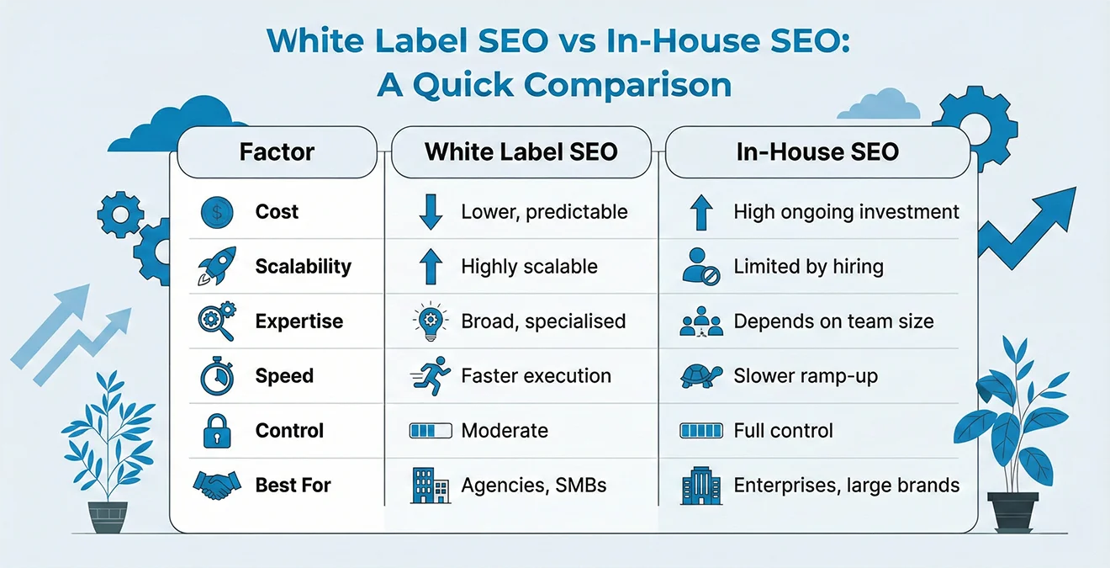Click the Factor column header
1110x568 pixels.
pyautogui.click(x=277, y=152)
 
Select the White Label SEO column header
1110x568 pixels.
pyautogui.click(x=521, y=152)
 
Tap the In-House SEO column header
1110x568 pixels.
pyautogui.click(x=817, y=152)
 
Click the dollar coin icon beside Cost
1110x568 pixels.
pyautogui.click(x=217, y=213)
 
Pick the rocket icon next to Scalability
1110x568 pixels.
pyautogui.click(x=215, y=266)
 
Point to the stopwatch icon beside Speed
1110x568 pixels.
pyautogui.click(x=216, y=377)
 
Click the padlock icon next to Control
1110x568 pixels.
pyautogui.click(x=217, y=431)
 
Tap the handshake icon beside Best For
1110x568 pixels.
pyautogui.click(x=216, y=485)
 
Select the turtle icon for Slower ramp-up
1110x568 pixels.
pyautogui.click(x=700, y=376)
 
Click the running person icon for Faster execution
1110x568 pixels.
pyautogui.click(x=429, y=376)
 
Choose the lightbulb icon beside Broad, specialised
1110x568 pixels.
pyautogui.click(x=430, y=321)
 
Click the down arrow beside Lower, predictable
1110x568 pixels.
pyautogui.click(x=430, y=213)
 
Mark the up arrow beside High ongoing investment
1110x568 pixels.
pyautogui.click(x=701, y=213)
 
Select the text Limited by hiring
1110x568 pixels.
pyautogui.click(x=808, y=268)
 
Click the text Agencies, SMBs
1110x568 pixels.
pyautogui.click(x=534, y=486)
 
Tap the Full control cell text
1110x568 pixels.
pyautogui.click(x=783, y=431)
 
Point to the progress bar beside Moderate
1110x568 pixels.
pyautogui.click(x=430, y=431)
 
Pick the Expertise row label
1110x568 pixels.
pyautogui.click(x=299, y=321)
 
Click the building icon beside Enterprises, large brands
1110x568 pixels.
pyautogui.click(x=700, y=486)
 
